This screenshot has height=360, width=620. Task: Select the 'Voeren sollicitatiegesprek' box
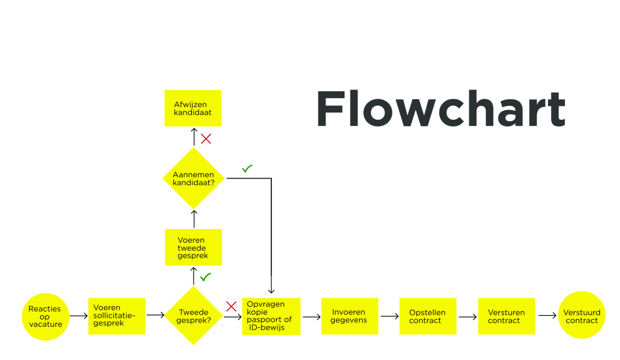pos(117,316)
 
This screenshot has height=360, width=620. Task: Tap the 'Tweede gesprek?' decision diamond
pos(194,316)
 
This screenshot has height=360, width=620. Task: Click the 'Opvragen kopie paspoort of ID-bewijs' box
pos(271,316)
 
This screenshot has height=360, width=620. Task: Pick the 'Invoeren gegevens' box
pos(349,316)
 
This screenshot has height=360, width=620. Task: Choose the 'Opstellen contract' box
pos(427,316)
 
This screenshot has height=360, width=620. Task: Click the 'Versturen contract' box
pos(506,316)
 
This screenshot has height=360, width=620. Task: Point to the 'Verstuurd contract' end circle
pos(582,316)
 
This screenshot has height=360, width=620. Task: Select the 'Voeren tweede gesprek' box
pos(194,247)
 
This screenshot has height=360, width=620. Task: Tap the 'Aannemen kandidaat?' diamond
pos(194,178)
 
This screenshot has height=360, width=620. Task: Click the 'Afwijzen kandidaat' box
pos(193,108)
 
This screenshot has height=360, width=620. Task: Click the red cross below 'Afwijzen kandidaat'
pos(206,139)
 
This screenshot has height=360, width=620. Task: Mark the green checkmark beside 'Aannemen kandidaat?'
pos(247,169)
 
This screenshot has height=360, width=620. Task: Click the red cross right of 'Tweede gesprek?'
pos(231,306)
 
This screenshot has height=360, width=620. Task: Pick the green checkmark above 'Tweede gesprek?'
pos(206,277)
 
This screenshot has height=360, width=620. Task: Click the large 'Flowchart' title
pos(440,109)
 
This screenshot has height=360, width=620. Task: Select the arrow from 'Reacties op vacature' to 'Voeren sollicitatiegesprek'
pos(79,316)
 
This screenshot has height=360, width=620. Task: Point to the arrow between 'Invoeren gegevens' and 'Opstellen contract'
pos(389,316)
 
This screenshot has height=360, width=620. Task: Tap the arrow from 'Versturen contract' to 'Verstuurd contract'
pos(547,316)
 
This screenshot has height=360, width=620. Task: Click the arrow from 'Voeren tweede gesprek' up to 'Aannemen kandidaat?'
pos(194,218)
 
